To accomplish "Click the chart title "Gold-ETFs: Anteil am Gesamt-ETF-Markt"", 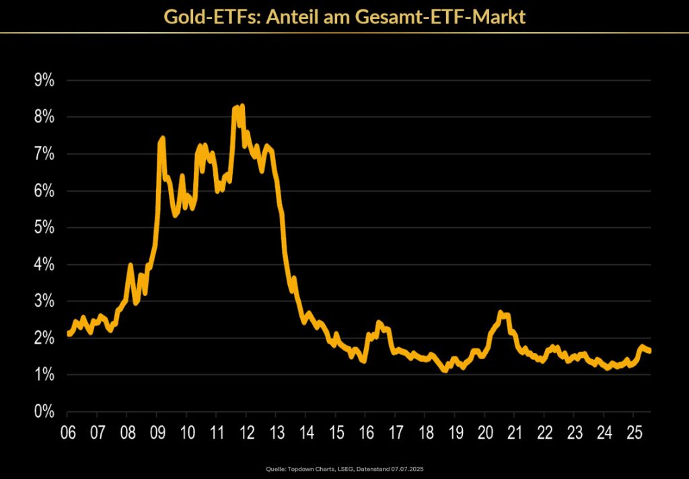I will tap(344, 16).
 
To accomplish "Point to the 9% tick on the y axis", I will tap(44, 81).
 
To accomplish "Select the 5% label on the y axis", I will tap(44, 228).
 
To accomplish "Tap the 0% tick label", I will tap(44, 412).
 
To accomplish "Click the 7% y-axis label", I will tap(44, 154).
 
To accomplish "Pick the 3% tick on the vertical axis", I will tap(44, 301).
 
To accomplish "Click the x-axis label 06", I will tap(67, 431).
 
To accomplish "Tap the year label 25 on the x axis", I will tap(633, 431).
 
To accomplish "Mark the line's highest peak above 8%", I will tap(242, 106).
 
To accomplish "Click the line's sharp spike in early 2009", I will tap(162, 139).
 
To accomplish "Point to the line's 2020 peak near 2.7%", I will tap(501, 313).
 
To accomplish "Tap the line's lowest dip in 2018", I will tap(445, 370).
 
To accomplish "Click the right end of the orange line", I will tap(650, 351).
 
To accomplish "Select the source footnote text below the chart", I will tap(344, 468).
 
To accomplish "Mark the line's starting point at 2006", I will tap(69, 334).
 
